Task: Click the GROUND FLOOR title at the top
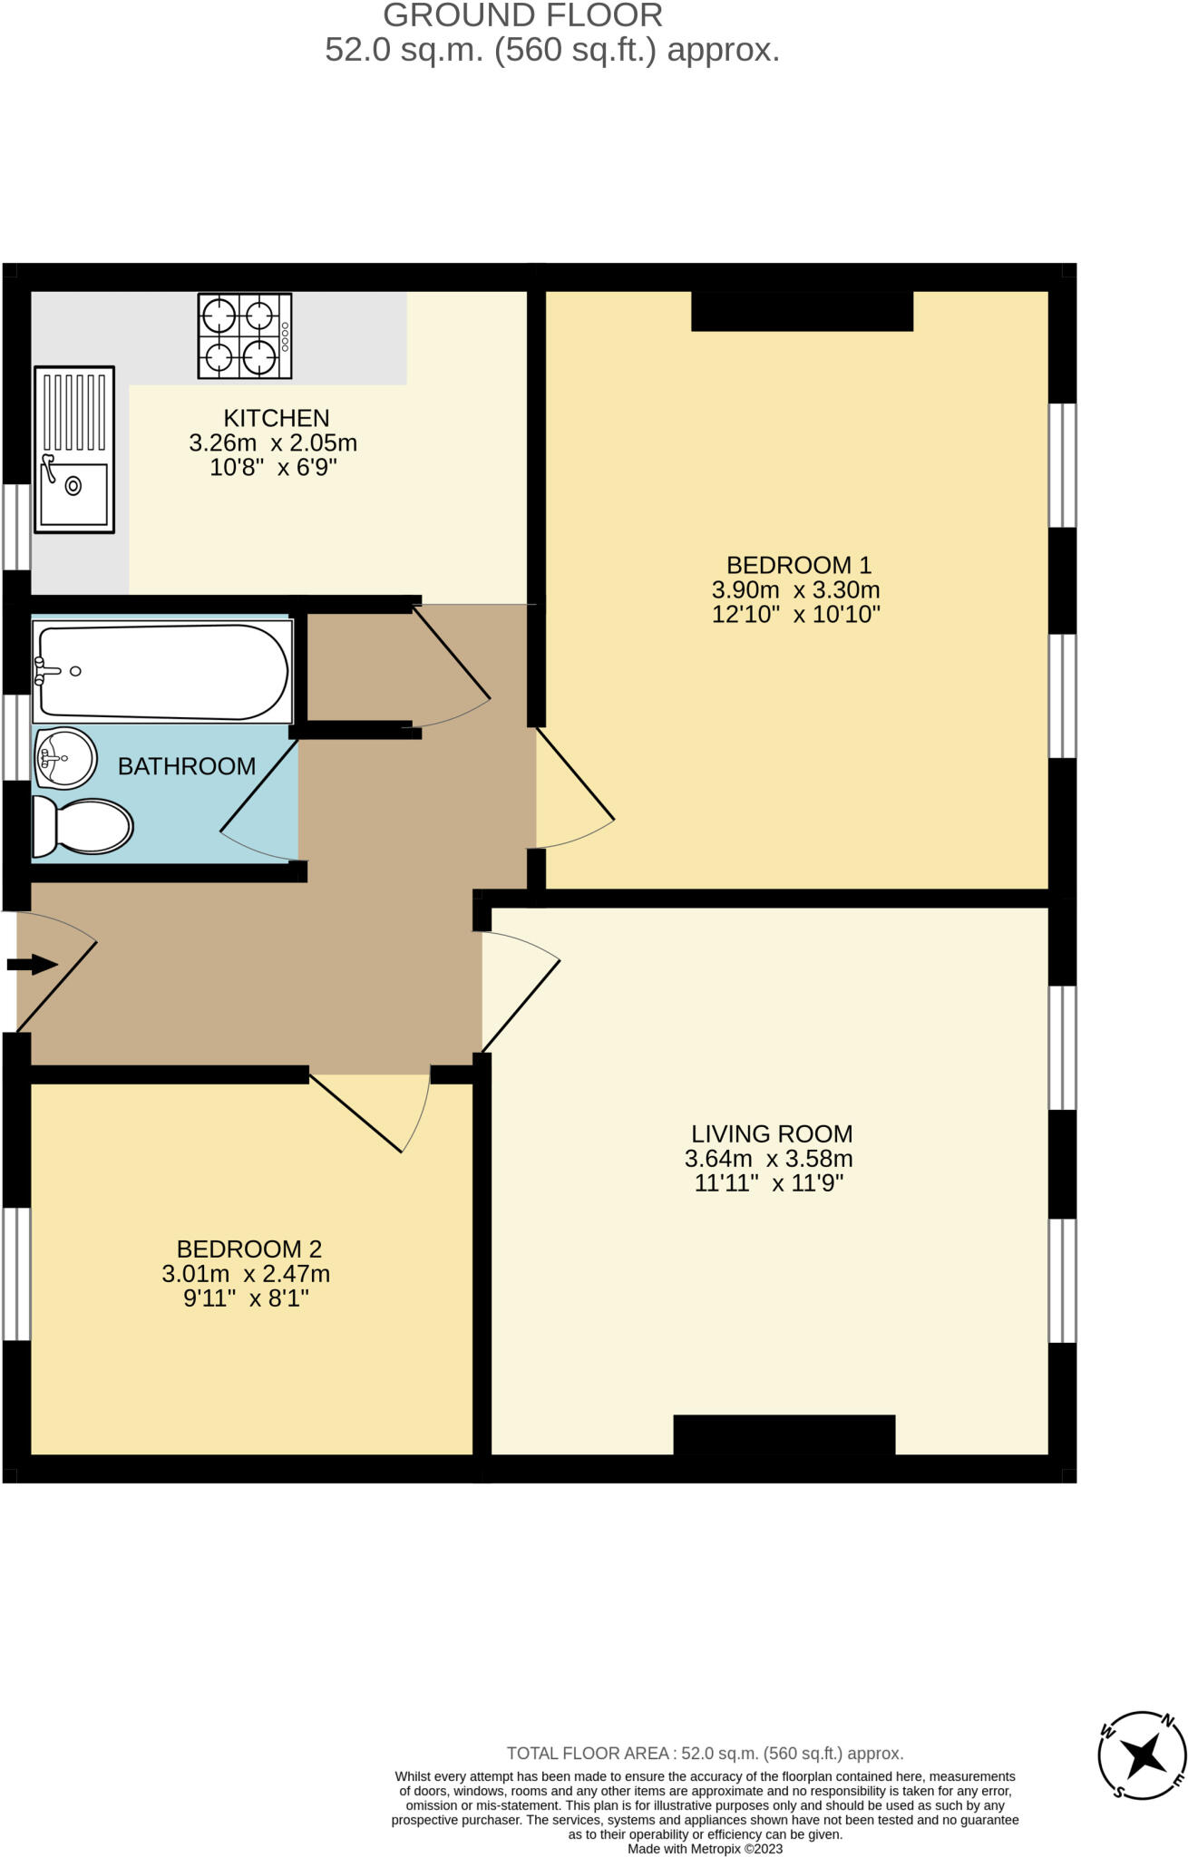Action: pyautogui.click(x=522, y=15)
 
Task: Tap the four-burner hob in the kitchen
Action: pyautogui.click(x=244, y=336)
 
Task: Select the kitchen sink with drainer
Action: pyautogui.click(x=74, y=449)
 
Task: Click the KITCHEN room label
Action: pyautogui.click(x=276, y=418)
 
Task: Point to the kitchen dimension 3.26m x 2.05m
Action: pyautogui.click(x=273, y=443)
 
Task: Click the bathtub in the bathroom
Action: pyautogui.click(x=161, y=672)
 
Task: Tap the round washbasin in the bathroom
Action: pyautogui.click(x=65, y=758)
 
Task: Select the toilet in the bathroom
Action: pyautogui.click(x=83, y=827)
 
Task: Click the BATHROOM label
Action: pyautogui.click(x=187, y=766)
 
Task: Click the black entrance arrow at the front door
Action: pyautogui.click(x=33, y=964)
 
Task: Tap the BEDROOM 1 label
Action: pyautogui.click(x=798, y=565)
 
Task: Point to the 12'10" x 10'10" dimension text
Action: pyautogui.click(x=795, y=615)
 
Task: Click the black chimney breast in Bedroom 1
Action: pyautogui.click(x=802, y=311)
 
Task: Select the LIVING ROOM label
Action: pyautogui.click(x=772, y=1133)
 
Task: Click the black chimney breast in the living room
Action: pyautogui.click(x=784, y=1434)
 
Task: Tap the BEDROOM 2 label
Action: pyautogui.click(x=248, y=1249)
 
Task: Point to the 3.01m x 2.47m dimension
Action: pyautogui.click(x=246, y=1274)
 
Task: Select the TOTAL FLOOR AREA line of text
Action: pyautogui.click(x=705, y=1753)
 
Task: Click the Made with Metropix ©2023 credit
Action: pyautogui.click(x=705, y=1849)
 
